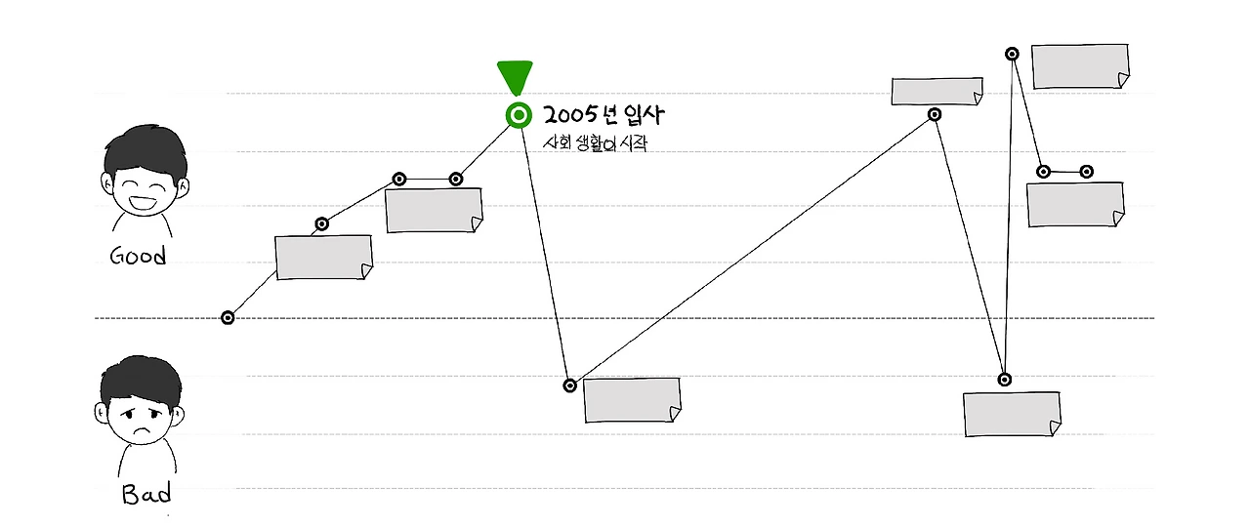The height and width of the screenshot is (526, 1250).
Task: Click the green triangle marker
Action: pyautogui.click(x=515, y=76)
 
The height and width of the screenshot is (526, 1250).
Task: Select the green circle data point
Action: pyautogui.click(x=519, y=116)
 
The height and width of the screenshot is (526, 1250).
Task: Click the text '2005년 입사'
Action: pyautogui.click(x=603, y=115)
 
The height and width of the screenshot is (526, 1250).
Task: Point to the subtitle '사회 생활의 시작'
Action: pyautogui.click(x=596, y=143)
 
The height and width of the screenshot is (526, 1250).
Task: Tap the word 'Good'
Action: pyautogui.click(x=138, y=257)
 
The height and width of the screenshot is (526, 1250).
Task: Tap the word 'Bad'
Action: pyautogui.click(x=146, y=495)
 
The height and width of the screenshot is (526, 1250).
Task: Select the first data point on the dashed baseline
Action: pyautogui.click(x=228, y=317)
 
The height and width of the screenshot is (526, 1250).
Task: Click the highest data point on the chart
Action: pyautogui.click(x=1013, y=55)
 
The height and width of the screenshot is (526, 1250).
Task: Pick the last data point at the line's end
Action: pyautogui.click(x=1086, y=172)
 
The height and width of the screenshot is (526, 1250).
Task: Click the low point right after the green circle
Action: pyautogui.click(x=570, y=385)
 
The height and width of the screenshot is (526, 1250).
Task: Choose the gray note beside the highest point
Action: pyautogui.click(x=1080, y=66)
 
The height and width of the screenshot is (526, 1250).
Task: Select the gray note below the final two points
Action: pyautogui.click(x=1075, y=205)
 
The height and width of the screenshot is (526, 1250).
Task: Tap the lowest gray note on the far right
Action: pyautogui.click(x=1012, y=415)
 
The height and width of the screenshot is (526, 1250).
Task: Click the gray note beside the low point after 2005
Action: pyautogui.click(x=632, y=400)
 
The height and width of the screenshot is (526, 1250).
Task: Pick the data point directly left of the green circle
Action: pyautogui.click(x=455, y=179)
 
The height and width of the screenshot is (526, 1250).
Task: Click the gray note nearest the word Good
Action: pyautogui.click(x=323, y=258)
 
